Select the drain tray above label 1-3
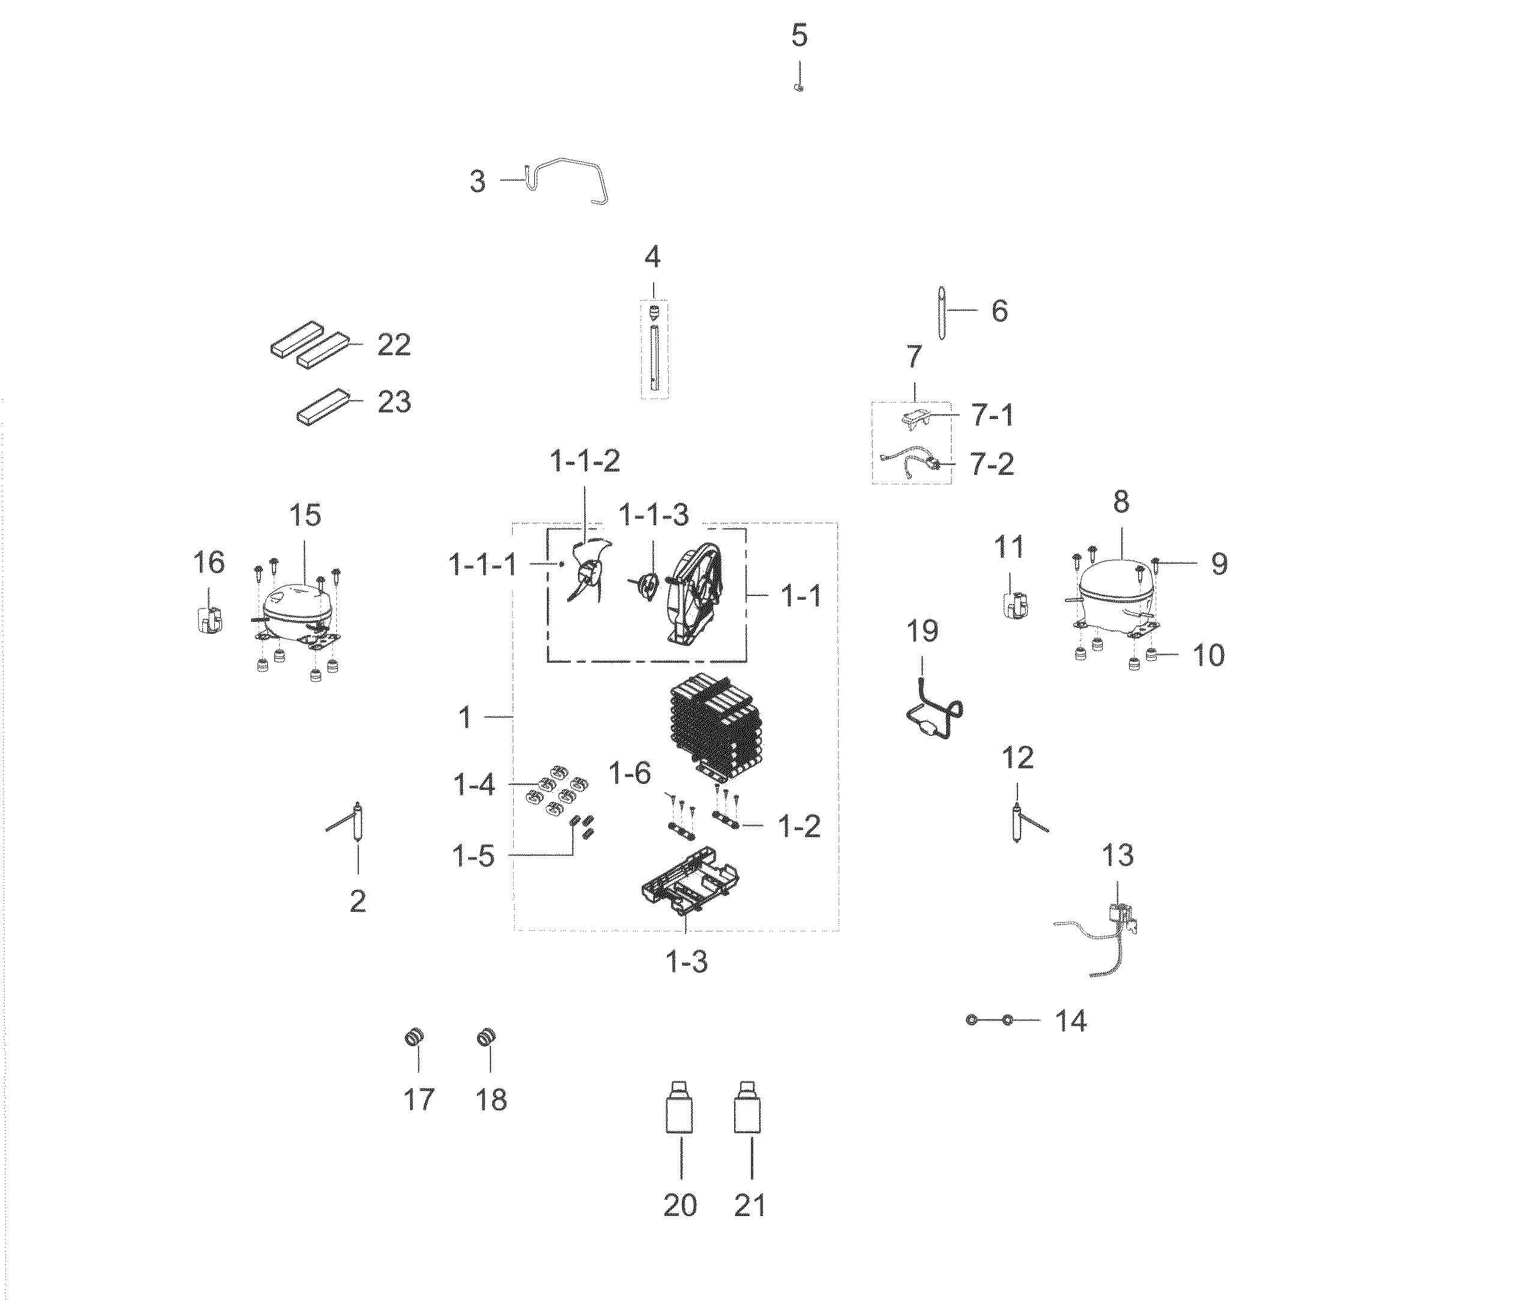coord(688,882)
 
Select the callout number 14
coord(1070,1020)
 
